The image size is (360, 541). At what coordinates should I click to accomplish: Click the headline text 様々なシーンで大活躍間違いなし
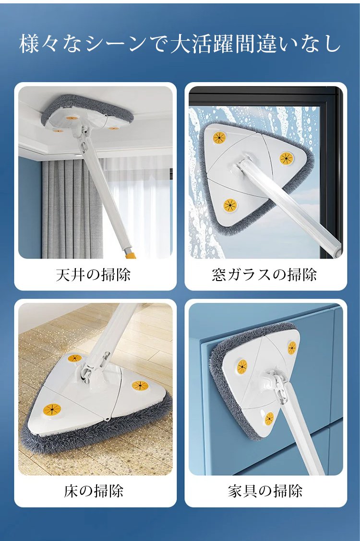pos(180,44)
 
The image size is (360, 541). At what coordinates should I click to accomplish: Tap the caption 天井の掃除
pos(94,275)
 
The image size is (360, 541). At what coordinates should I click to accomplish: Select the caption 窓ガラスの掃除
pos(264,275)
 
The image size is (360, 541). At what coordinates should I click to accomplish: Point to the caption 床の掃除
pos(94,491)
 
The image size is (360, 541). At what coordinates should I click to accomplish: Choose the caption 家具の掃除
pos(265,491)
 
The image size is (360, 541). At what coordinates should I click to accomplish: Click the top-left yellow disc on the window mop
pos(219,138)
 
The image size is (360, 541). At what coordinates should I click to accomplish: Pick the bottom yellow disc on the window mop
pos(230,205)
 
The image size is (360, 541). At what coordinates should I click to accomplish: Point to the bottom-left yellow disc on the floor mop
pos(52,410)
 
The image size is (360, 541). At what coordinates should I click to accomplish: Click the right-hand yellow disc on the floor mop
pos(140,386)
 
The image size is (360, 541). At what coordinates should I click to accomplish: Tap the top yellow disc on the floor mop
pos(75,358)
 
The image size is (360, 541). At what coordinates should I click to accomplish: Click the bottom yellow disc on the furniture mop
pos(269,419)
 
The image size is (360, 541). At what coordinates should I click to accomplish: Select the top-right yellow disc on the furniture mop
pos(292,347)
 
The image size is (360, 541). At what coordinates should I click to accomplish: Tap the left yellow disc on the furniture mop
pos(242,366)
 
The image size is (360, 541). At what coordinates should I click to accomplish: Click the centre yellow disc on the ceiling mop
pos(72,118)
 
